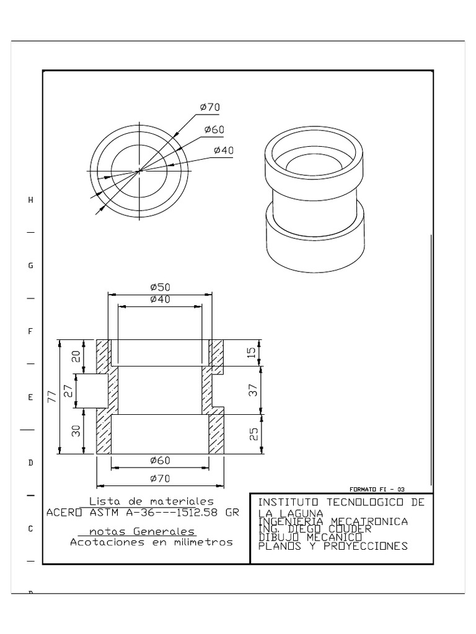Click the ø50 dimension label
pyautogui.click(x=160, y=287)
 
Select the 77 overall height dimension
pyautogui.click(x=51, y=397)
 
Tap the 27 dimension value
pyautogui.click(x=68, y=391)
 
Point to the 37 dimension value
pyautogui.click(x=252, y=389)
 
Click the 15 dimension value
pyautogui.click(x=250, y=352)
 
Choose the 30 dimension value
pyautogui.click(x=76, y=432)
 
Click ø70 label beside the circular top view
pyautogui.click(x=209, y=107)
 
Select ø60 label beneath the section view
pyautogui.click(x=160, y=460)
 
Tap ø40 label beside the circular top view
pyautogui.click(x=224, y=150)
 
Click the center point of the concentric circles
pyautogui.click(x=139, y=171)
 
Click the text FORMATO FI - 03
pyautogui.click(x=377, y=489)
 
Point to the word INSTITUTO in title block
pyautogui.click(x=288, y=502)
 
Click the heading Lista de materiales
pyautogui.click(x=151, y=501)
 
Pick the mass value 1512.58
pyautogui.click(x=195, y=512)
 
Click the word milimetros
pyautogui.click(x=203, y=542)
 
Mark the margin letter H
pyautogui.click(x=30, y=200)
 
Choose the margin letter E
pyautogui.click(x=30, y=397)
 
